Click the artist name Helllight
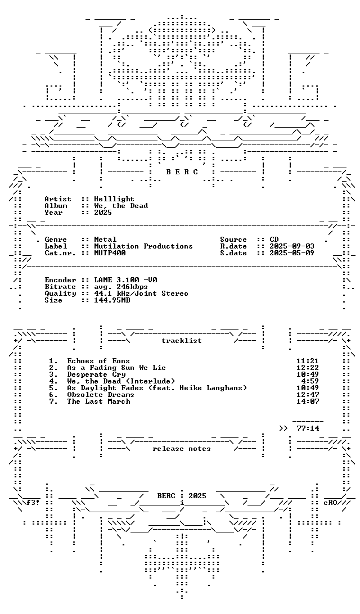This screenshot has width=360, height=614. pyautogui.click(x=114, y=199)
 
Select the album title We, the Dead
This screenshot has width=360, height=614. pyautogui.click(x=121, y=206)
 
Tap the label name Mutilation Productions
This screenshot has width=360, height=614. pyautogui.click(x=143, y=246)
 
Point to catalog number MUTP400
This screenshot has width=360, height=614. pyautogui.click(x=110, y=253)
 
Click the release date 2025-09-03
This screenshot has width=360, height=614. pyautogui.click(x=292, y=246)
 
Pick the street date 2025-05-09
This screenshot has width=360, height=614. pyautogui.click(x=292, y=253)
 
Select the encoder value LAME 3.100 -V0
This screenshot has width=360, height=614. pyautogui.click(x=126, y=280)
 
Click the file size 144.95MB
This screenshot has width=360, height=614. pyautogui.click(x=112, y=300)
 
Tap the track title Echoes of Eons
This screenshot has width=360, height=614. pyautogui.click(x=98, y=361)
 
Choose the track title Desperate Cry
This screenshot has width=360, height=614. pyautogui.click(x=96, y=374)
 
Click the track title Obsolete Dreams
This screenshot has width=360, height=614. pyautogui.click(x=101, y=395)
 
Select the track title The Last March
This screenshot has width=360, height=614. pyautogui.click(x=98, y=401)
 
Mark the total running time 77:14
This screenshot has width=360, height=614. pyautogui.click(x=308, y=428)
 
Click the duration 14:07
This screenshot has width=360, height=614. pyautogui.click(x=308, y=401)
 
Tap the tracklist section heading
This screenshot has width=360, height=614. pyautogui.click(x=182, y=341)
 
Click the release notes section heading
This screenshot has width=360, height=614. pyautogui.click(x=182, y=449)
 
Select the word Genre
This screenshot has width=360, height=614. pyautogui.click(x=56, y=240)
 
